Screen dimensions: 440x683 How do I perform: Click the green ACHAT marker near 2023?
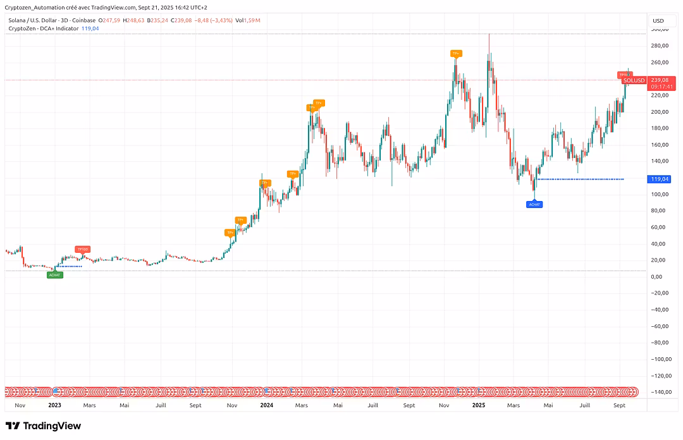pyautogui.click(x=55, y=274)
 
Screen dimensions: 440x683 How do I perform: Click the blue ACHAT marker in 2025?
pyautogui.click(x=535, y=204)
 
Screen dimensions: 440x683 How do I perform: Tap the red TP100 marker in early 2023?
pyautogui.click(x=82, y=249)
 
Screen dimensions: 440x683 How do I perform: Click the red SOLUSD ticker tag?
pyautogui.click(x=633, y=80)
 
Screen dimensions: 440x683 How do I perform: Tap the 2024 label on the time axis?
pyautogui.click(x=267, y=405)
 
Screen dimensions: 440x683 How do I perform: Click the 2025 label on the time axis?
pyautogui.click(x=479, y=405)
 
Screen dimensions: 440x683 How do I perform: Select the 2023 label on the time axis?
pyautogui.click(x=55, y=405)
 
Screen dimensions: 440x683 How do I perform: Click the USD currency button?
pyautogui.click(x=658, y=21)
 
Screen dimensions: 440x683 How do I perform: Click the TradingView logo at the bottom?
pyautogui.click(x=43, y=426)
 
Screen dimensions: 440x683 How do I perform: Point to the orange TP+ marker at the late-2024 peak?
pyautogui.click(x=455, y=54)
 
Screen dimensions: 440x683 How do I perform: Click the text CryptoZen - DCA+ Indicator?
pyautogui.click(x=44, y=28)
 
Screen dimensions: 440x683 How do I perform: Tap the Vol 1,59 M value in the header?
pyautogui.click(x=248, y=21)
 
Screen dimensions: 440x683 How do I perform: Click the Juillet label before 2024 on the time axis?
pyautogui.click(x=161, y=405)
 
